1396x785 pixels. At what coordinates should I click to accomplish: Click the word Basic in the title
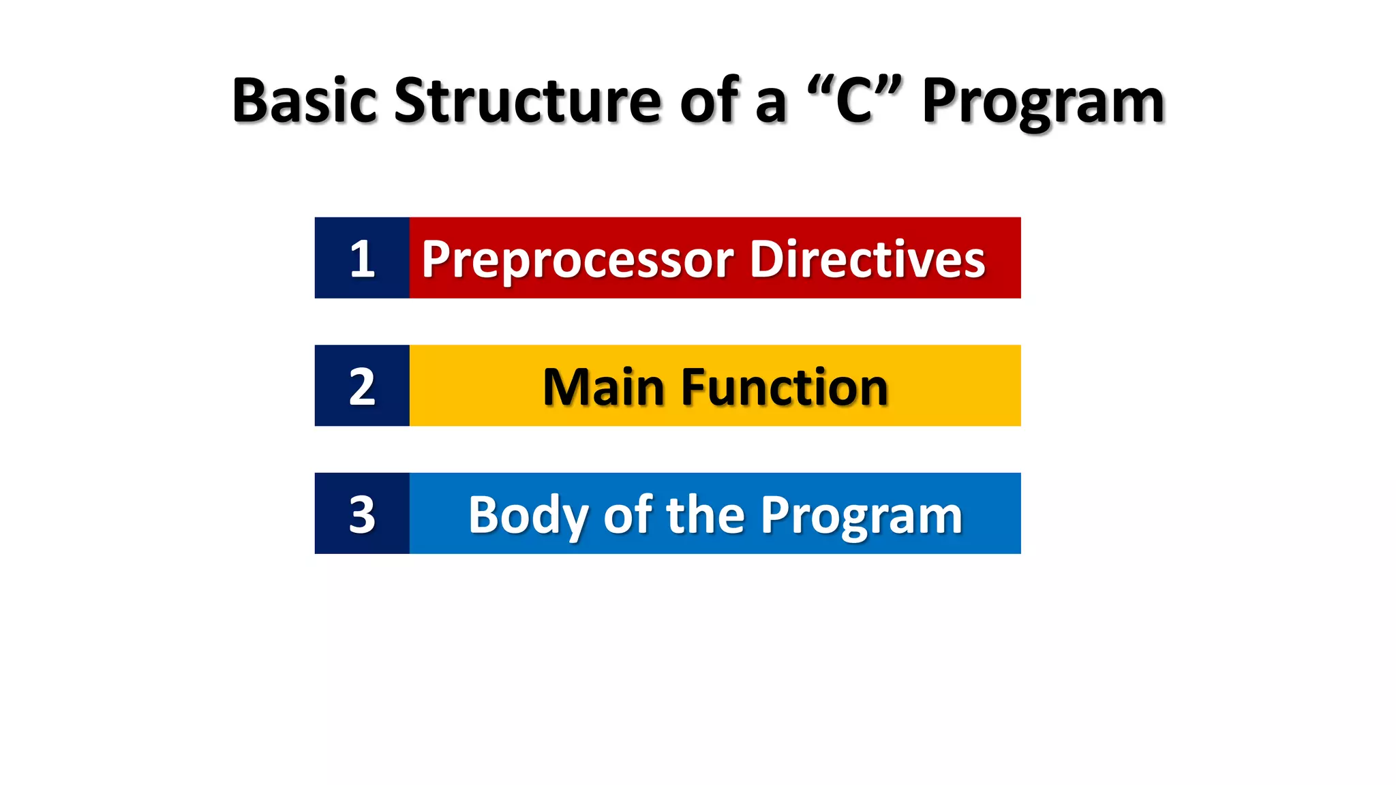point(304,101)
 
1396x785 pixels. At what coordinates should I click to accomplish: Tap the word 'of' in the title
point(710,101)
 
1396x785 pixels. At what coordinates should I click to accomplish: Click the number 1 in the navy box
point(362,259)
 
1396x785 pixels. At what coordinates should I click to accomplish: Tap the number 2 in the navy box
point(362,386)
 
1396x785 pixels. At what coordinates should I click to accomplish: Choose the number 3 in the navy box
point(362,514)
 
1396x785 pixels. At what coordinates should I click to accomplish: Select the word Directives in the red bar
point(867,259)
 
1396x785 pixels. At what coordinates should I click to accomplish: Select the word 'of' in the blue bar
point(628,514)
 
